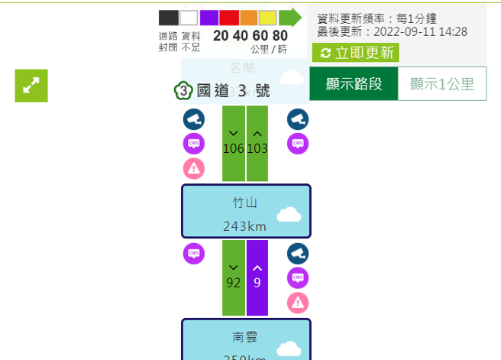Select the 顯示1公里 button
(442, 84)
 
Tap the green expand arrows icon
(31, 86)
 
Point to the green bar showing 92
(234, 277)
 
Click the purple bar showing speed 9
(257, 277)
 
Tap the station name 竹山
(245, 203)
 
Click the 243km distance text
(245, 226)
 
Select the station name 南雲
(245, 336)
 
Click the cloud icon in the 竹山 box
(290, 214)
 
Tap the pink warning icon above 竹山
(194, 168)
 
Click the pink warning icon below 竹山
(298, 303)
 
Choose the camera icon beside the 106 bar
(194, 118)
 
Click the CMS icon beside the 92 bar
(194, 253)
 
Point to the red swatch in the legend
(249, 18)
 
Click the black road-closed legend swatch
(168, 18)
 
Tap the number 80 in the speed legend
(280, 36)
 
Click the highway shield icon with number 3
(183, 91)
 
